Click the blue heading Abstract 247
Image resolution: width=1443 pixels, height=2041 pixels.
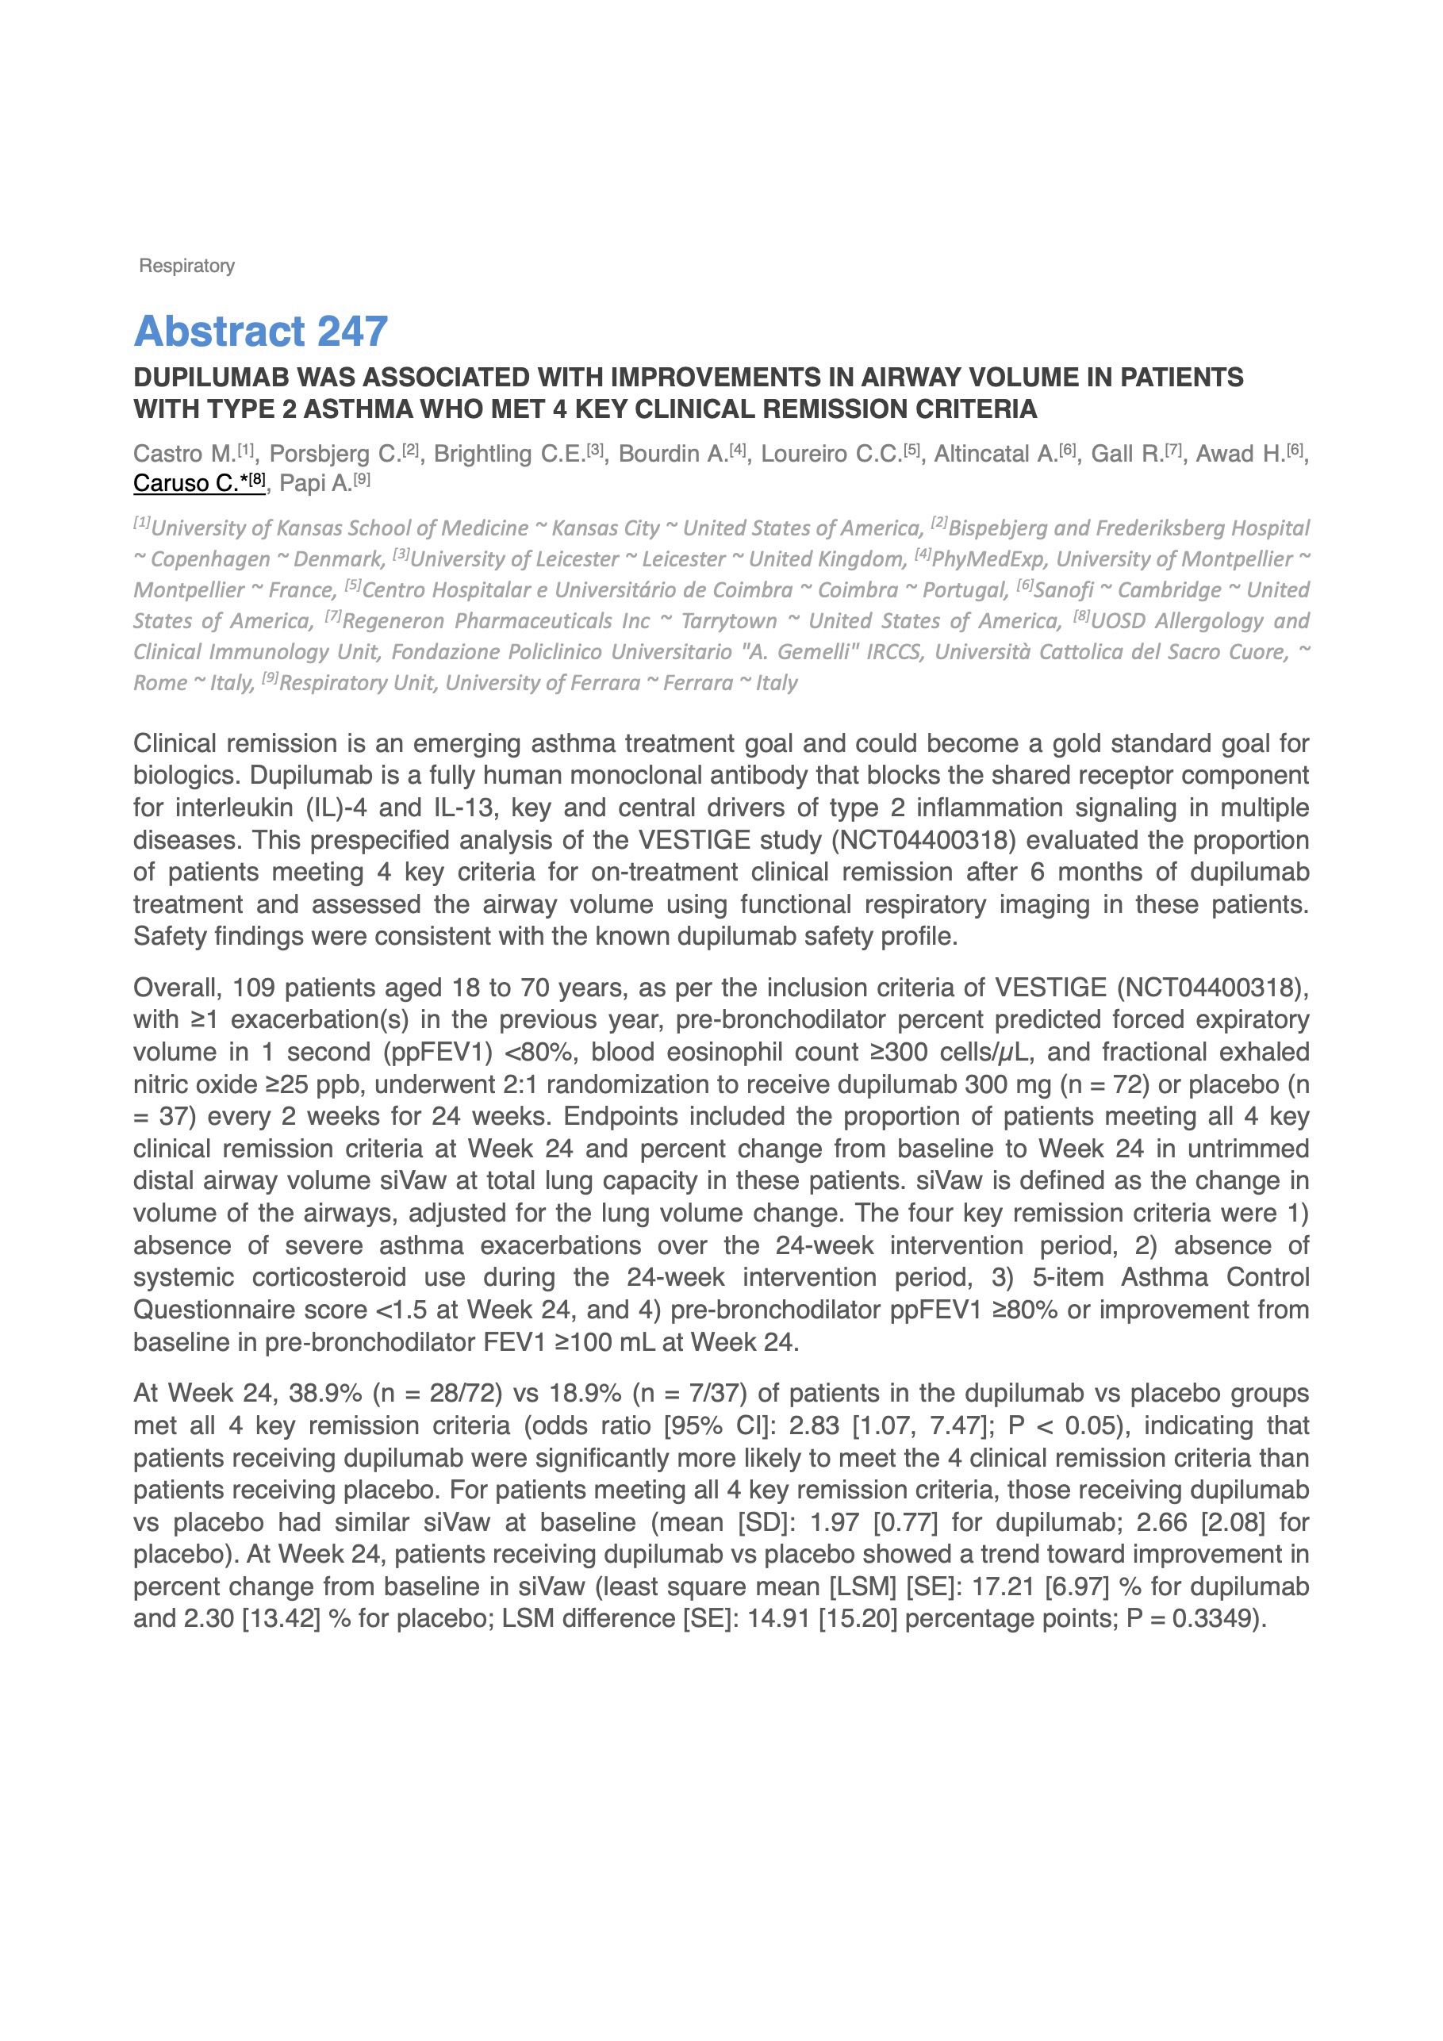260,332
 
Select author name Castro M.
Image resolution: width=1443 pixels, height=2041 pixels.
184,455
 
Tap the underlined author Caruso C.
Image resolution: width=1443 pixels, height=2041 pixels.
186,484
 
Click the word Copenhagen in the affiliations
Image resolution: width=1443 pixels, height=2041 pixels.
210,559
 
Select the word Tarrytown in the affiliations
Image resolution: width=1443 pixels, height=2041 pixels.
729,621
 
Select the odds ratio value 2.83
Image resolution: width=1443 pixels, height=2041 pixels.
813,1426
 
